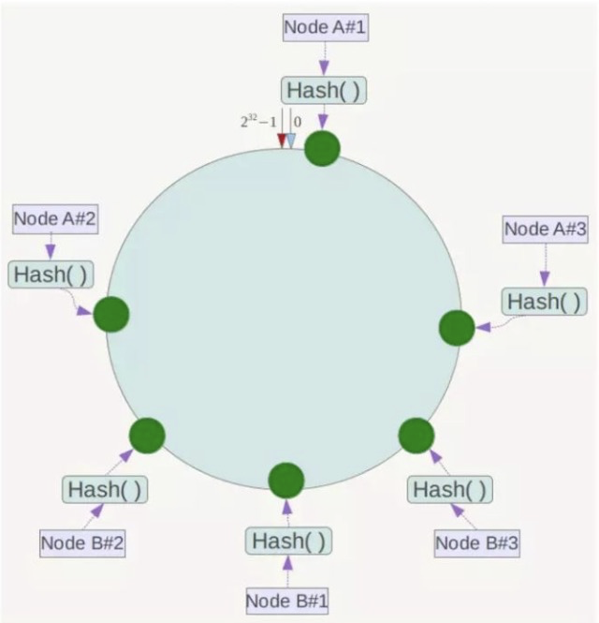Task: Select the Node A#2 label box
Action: click(x=56, y=220)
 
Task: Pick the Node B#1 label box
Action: click(x=288, y=599)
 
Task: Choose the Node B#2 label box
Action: click(x=82, y=541)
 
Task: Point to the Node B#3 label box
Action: click(x=477, y=541)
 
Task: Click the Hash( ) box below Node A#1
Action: click(x=323, y=90)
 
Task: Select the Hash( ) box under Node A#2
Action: click(x=52, y=274)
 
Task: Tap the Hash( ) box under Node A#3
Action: click(x=545, y=302)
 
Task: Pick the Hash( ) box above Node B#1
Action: click(x=289, y=541)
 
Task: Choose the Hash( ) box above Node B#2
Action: click(x=106, y=489)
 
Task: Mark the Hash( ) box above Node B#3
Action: click(x=451, y=489)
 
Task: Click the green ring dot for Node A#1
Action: click(x=323, y=148)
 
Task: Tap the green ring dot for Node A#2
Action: click(x=110, y=314)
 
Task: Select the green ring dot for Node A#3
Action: click(x=457, y=327)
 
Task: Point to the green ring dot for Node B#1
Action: click(x=286, y=480)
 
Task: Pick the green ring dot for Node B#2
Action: click(x=147, y=436)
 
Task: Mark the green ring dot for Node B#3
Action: click(x=416, y=436)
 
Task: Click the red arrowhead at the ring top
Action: click(x=281, y=141)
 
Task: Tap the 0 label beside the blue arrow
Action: click(x=298, y=122)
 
